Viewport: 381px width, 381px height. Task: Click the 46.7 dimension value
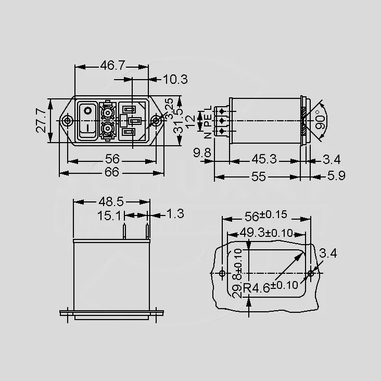point(112,66)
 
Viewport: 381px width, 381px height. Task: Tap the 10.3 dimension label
point(175,79)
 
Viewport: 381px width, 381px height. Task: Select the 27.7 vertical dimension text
point(41,121)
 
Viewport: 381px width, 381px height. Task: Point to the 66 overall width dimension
point(112,172)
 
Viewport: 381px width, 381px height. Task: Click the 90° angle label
point(320,120)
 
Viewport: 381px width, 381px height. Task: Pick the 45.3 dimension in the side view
point(264,159)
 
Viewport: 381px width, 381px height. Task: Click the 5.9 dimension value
point(336,175)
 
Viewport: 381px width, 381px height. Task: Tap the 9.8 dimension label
point(202,153)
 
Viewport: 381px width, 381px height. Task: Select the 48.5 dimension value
point(111,201)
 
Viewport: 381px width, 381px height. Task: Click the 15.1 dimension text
point(109,215)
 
